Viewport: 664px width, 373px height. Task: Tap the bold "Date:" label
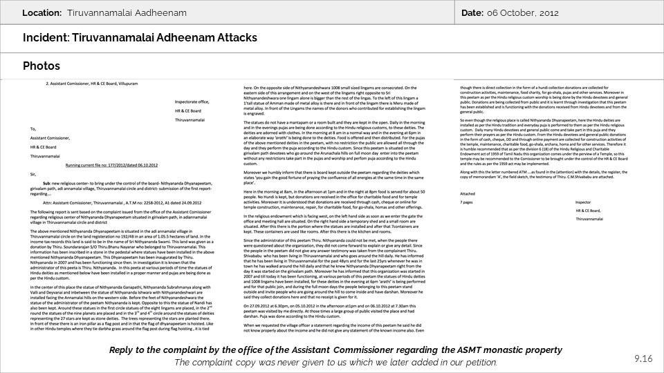click(x=472, y=13)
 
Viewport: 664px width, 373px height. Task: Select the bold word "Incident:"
click(x=46, y=39)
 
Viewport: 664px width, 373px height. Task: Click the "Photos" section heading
click(x=41, y=66)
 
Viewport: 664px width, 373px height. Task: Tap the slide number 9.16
click(x=643, y=358)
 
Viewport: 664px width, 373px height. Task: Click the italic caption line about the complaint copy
click(x=335, y=362)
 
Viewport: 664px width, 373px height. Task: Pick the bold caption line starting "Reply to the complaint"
click(x=335, y=350)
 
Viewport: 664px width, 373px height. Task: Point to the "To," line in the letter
click(x=33, y=128)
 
